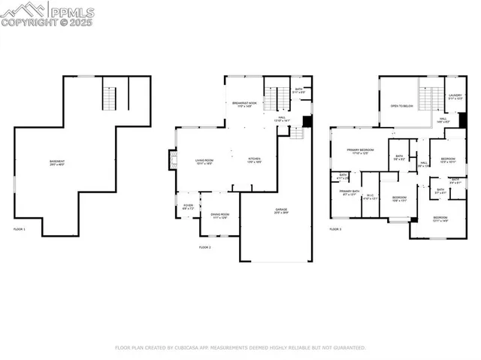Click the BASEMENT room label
(x=57, y=162)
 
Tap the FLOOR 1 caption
(x=20, y=228)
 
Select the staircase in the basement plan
(x=110, y=98)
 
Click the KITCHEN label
(x=255, y=159)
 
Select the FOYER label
(x=188, y=206)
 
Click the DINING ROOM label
(x=219, y=214)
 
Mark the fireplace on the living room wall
(x=172, y=159)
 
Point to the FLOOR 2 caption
(x=204, y=247)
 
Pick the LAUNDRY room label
(x=455, y=95)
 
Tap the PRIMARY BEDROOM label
(x=360, y=150)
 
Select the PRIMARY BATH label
(x=348, y=192)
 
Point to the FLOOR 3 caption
(x=335, y=228)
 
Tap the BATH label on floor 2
(x=298, y=89)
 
